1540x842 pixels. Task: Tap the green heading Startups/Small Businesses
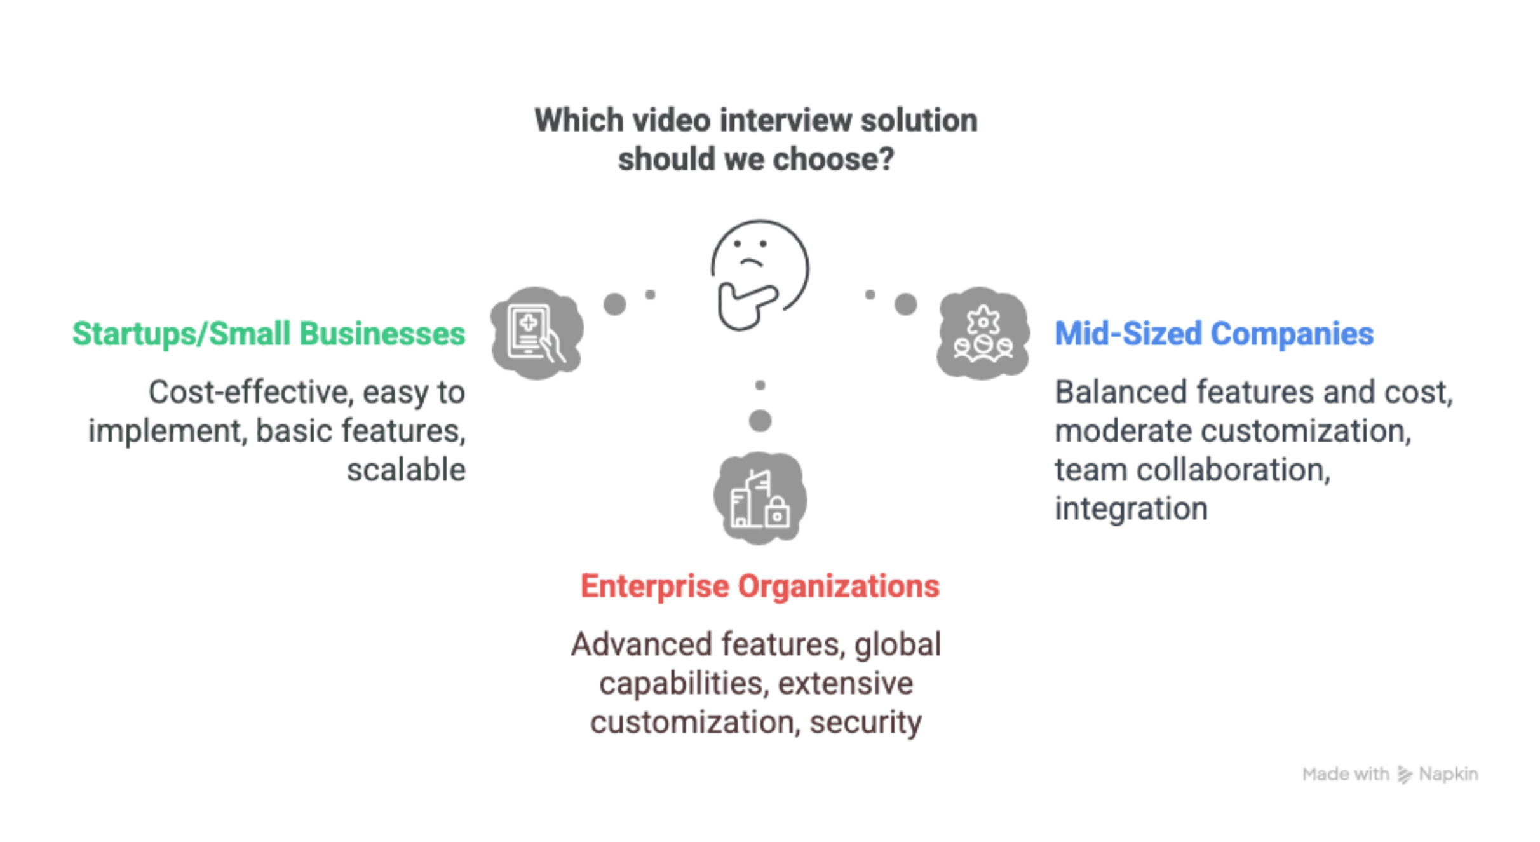pos(269,334)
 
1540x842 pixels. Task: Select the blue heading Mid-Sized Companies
pos(1213,334)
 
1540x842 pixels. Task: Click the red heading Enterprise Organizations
pos(759,586)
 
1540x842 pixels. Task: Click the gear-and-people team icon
pos(983,332)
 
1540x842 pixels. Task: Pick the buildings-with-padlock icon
pos(760,498)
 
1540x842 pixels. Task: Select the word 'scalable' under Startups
pos(406,470)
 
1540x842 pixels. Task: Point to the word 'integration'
pos(1131,509)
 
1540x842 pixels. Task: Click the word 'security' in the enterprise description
pos(865,723)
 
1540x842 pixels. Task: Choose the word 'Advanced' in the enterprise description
pos(643,644)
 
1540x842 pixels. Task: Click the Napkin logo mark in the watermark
pos(1404,774)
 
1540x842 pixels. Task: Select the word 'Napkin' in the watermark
pos(1449,774)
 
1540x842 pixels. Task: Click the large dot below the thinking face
pos(760,421)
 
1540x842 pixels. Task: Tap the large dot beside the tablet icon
pos(614,304)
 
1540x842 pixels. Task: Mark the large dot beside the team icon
pos(905,304)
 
